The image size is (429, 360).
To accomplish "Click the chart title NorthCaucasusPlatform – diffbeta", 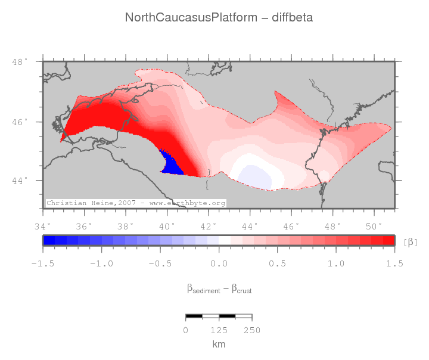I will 219,17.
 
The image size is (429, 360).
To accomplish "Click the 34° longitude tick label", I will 43,226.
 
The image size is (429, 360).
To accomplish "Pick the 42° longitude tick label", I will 209,226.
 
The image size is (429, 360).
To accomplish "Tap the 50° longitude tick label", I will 374,226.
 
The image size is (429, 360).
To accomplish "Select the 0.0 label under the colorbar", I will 219,263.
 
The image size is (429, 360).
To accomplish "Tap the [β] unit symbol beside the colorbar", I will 411,241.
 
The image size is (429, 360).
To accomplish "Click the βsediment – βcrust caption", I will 219,289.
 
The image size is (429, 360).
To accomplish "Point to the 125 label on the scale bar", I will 219,330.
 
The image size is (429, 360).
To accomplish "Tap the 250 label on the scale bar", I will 251,330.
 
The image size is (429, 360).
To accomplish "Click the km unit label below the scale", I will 219,345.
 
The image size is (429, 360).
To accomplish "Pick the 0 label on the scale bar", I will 186,330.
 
